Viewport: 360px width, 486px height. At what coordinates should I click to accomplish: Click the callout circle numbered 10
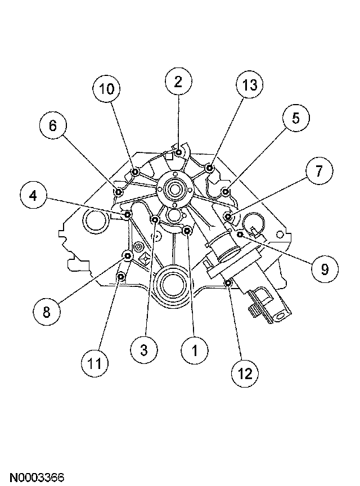pos(107,89)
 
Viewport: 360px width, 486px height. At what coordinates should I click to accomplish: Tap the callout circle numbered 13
pos(250,85)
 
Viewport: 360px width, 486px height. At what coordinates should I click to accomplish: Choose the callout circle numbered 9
pos(324,269)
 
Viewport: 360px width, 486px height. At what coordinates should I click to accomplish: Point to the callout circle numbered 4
pos(33,196)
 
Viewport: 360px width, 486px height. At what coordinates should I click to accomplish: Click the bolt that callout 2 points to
pos(178,152)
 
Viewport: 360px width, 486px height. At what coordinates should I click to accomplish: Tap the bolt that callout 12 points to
pos(228,282)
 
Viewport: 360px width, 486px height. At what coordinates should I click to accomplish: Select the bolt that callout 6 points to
pos(119,192)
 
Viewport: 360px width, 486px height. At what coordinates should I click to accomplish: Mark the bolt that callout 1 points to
pos(187,230)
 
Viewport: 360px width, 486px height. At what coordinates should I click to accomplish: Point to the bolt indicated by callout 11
pos(120,277)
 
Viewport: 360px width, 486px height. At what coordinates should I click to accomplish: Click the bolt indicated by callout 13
pos(209,168)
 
